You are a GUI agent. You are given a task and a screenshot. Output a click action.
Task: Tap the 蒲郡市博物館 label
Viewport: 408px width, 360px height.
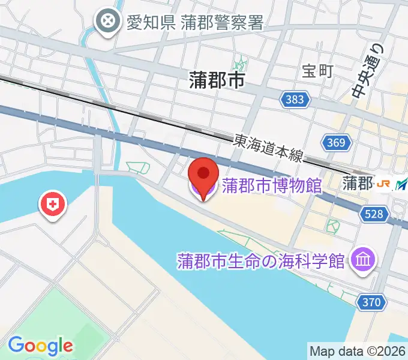(272, 185)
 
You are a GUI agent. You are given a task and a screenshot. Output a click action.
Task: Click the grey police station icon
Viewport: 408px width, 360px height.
(109, 22)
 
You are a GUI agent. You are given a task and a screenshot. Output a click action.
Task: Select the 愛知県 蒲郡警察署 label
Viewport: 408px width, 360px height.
(195, 22)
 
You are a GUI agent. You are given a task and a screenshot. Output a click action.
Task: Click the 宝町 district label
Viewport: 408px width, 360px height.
(317, 71)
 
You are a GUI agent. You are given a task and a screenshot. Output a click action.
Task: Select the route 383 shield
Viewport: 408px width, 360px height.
(295, 100)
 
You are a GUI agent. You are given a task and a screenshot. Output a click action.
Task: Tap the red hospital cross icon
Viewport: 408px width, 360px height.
(53, 205)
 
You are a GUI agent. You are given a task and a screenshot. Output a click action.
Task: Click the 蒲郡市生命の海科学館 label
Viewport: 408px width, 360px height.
(261, 261)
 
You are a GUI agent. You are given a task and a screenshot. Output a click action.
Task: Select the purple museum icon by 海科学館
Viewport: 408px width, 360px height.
(364, 259)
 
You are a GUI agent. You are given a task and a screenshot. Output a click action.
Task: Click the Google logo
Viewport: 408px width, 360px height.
(40, 345)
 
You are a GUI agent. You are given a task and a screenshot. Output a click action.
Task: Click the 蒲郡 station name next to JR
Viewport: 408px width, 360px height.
(358, 184)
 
